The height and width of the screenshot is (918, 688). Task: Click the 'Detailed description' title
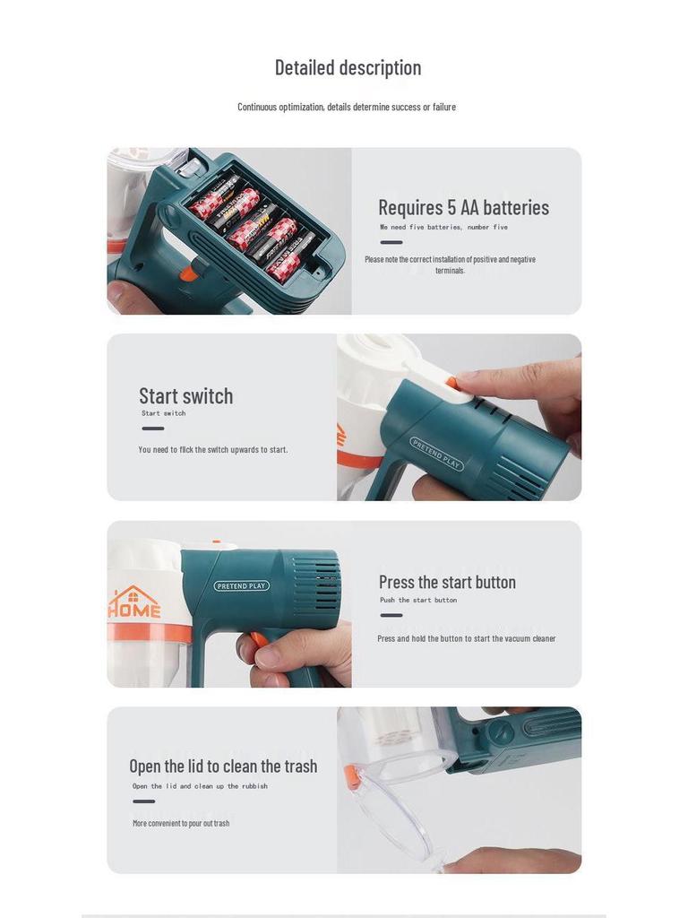click(348, 68)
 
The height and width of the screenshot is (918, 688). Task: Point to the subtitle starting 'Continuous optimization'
click(347, 107)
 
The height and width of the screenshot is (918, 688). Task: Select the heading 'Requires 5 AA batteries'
click(463, 207)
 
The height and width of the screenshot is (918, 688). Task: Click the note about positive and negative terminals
click(450, 264)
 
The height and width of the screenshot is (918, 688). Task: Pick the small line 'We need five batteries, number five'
click(443, 228)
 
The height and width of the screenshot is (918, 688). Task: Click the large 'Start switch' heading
click(185, 395)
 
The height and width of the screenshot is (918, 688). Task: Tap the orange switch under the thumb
click(451, 383)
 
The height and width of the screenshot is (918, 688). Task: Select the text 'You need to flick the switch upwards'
click(213, 450)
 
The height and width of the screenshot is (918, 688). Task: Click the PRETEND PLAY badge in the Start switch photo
click(436, 454)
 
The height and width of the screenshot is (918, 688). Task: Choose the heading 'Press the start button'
click(447, 582)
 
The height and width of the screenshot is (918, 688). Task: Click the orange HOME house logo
click(133, 602)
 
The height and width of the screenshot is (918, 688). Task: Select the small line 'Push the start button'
click(418, 601)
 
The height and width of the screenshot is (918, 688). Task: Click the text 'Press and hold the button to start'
click(466, 639)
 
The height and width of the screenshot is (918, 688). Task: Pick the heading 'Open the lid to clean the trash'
click(223, 766)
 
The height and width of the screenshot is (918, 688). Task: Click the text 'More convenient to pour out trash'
click(181, 823)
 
